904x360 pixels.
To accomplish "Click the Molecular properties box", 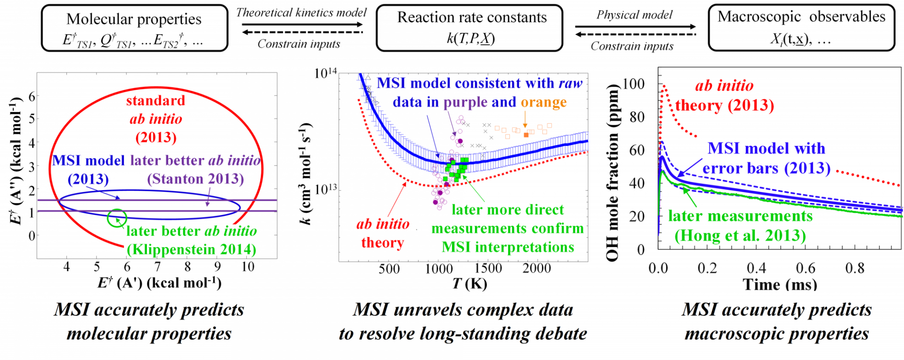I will tap(135, 28).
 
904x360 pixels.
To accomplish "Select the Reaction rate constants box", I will tap(469, 28).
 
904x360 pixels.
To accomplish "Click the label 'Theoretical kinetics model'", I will tap(301, 13).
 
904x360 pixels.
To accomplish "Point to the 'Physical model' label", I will tap(634, 15).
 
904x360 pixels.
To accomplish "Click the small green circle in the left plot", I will tap(117, 218).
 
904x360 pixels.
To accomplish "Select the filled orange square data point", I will tap(526, 135).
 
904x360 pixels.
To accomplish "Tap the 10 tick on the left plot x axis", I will tap(248, 267).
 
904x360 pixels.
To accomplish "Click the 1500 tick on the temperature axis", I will tap(488, 268).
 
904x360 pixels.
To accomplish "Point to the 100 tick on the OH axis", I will tap(633, 84).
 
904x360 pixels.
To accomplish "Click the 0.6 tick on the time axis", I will tap(806, 268).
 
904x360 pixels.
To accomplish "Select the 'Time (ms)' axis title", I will tap(780, 285).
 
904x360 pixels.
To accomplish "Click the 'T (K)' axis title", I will tap(469, 284).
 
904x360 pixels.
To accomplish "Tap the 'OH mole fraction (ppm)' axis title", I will tap(612, 172).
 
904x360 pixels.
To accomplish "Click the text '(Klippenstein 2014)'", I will tap(192, 249).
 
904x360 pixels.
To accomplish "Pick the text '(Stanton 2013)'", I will tap(195, 179).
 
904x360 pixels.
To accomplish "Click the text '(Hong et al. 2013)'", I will tap(740, 235).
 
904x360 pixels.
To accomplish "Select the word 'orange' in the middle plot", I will tap(543, 102).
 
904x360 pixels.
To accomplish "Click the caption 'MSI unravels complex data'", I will tap(463, 310).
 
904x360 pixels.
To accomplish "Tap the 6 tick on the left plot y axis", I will tap(32, 96).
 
